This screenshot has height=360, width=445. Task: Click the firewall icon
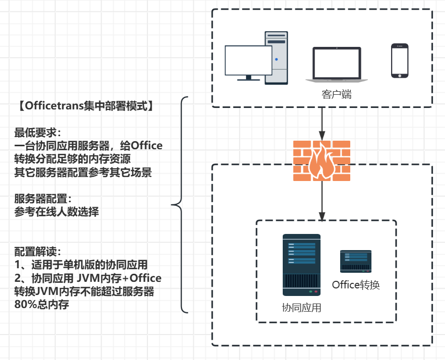[x=322, y=160]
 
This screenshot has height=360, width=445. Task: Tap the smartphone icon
[x=400, y=61]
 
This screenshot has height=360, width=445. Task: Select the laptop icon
[x=336, y=65]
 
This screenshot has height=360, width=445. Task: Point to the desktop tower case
[x=277, y=57]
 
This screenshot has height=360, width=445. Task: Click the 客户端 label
[x=336, y=94]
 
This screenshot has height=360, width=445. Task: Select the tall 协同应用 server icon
[x=301, y=264]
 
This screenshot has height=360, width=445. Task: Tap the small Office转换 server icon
[x=356, y=261]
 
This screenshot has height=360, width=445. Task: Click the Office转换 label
[x=356, y=284]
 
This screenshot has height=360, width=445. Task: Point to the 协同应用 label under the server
[x=301, y=308]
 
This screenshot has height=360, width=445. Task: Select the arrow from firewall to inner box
[x=322, y=199]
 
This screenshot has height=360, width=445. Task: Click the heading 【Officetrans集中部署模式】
[x=84, y=106]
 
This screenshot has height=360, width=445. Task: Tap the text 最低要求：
[x=38, y=133]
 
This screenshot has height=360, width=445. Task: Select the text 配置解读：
[x=38, y=251]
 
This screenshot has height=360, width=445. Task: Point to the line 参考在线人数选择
[x=56, y=212]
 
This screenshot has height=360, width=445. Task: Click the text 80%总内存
[x=41, y=305]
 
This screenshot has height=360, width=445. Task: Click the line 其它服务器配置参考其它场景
[x=83, y=172]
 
